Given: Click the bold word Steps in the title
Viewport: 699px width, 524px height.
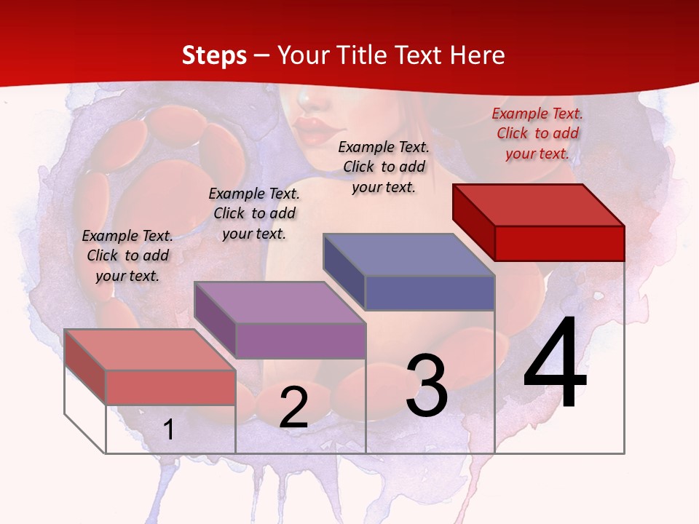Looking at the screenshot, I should click(214, 55).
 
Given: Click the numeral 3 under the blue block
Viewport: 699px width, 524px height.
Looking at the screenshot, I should click(427, 386).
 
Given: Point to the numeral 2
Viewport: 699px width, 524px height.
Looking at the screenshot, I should click(293, 408).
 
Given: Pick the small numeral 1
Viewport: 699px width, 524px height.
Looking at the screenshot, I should click(168, 430).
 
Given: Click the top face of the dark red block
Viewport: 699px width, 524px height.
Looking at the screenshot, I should click(538, 205).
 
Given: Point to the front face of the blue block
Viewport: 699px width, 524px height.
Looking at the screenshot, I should click(430, 293).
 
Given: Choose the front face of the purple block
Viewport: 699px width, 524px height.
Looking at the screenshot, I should click(300, 341).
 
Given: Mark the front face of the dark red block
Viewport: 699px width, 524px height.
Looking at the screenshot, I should click(559, 243).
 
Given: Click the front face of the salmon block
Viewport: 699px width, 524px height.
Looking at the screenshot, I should click(170, 387).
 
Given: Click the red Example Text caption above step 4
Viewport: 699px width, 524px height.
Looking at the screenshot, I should click(537, 134).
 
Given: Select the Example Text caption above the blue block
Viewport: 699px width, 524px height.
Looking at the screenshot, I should click(384, 167).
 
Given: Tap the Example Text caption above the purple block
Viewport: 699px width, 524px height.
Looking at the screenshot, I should click(254, 213).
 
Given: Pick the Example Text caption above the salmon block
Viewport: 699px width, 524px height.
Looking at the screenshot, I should click(127, 255).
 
